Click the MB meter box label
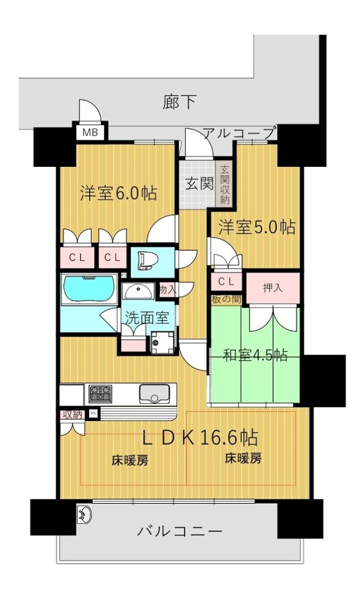90,132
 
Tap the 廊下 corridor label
179,102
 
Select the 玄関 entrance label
200,183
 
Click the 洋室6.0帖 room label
118,193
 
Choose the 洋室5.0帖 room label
257,227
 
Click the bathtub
89,289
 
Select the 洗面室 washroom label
147,318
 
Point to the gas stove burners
100,393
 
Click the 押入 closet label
273,288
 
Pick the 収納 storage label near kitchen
72,414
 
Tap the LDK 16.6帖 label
200,437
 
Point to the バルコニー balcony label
180,531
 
